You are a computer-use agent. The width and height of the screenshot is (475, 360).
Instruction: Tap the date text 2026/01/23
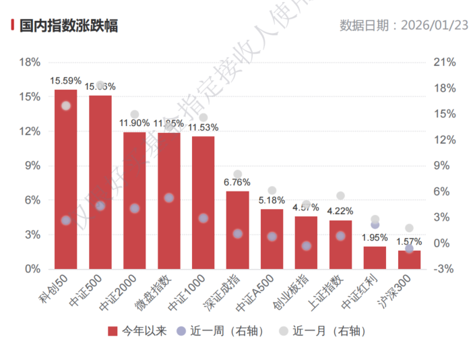point(434,26)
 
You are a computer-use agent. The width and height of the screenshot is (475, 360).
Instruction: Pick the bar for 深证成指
point(238,230)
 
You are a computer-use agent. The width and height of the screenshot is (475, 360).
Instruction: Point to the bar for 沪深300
point(409,260)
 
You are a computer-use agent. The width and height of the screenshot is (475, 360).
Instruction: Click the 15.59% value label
point(65,80)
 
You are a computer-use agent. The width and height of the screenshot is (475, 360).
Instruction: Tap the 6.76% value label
point(237,182)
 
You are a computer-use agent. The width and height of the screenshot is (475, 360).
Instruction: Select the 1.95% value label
point(375,237)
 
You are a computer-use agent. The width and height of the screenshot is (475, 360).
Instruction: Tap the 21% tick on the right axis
point(445,62)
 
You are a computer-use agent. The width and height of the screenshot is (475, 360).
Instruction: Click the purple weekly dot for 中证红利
point(375,224)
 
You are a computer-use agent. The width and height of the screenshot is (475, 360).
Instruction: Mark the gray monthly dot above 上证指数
point(340,196)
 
